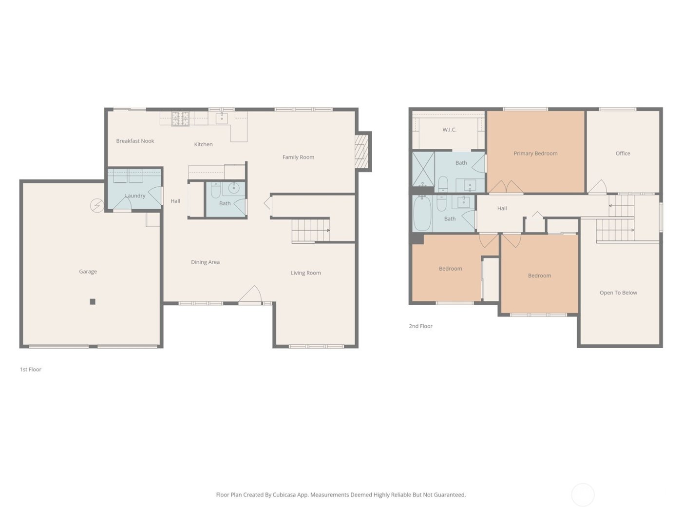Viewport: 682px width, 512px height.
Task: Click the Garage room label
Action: tap(88, 272)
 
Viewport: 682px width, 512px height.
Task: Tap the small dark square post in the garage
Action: tap(93, 302)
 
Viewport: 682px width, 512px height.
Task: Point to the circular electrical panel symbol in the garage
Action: tap(97, 206)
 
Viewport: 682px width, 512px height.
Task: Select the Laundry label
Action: tap(135, 196)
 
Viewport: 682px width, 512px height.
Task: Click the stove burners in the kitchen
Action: tap(180, 118)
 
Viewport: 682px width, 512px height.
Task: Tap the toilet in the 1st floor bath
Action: tap(215, 189)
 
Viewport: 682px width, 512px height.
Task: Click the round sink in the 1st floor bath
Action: tap(234, 188)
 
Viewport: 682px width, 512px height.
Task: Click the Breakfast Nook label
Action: tap(135, 141)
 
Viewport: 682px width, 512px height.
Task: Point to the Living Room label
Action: tap(305, 273)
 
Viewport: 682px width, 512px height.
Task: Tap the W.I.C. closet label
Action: tap(449, 130)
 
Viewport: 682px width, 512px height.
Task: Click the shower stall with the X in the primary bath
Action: tap(423, 169)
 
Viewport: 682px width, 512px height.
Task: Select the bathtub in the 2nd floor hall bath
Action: tap(422, 214)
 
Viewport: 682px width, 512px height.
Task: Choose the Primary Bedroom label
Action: tap(535, 154)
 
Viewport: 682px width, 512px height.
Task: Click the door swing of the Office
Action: tap(597, 187)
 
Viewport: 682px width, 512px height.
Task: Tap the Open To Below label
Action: tap(618, 293)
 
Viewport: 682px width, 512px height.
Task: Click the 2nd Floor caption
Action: tap(420, 326)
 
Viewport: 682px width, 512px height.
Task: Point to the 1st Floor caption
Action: tap(31, 370)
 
